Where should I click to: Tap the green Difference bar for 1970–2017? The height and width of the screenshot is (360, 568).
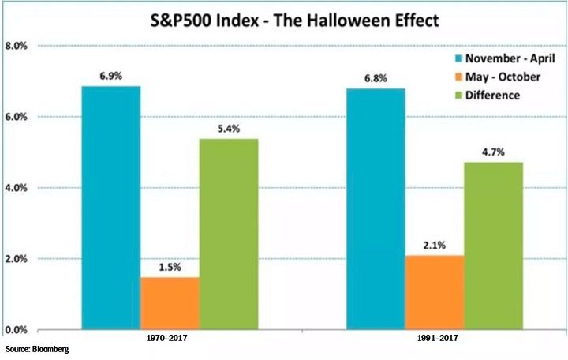[x=229, y=234]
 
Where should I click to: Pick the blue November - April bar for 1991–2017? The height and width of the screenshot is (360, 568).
[x=376, y=209]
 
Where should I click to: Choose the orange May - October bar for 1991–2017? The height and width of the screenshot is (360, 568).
[x=435, y=292]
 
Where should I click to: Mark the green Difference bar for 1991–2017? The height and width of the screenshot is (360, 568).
[x=493, y=246]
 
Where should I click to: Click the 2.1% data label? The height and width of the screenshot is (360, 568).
[x=435, y=243]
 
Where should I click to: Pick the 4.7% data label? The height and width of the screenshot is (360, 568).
[x=493, y=150]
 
